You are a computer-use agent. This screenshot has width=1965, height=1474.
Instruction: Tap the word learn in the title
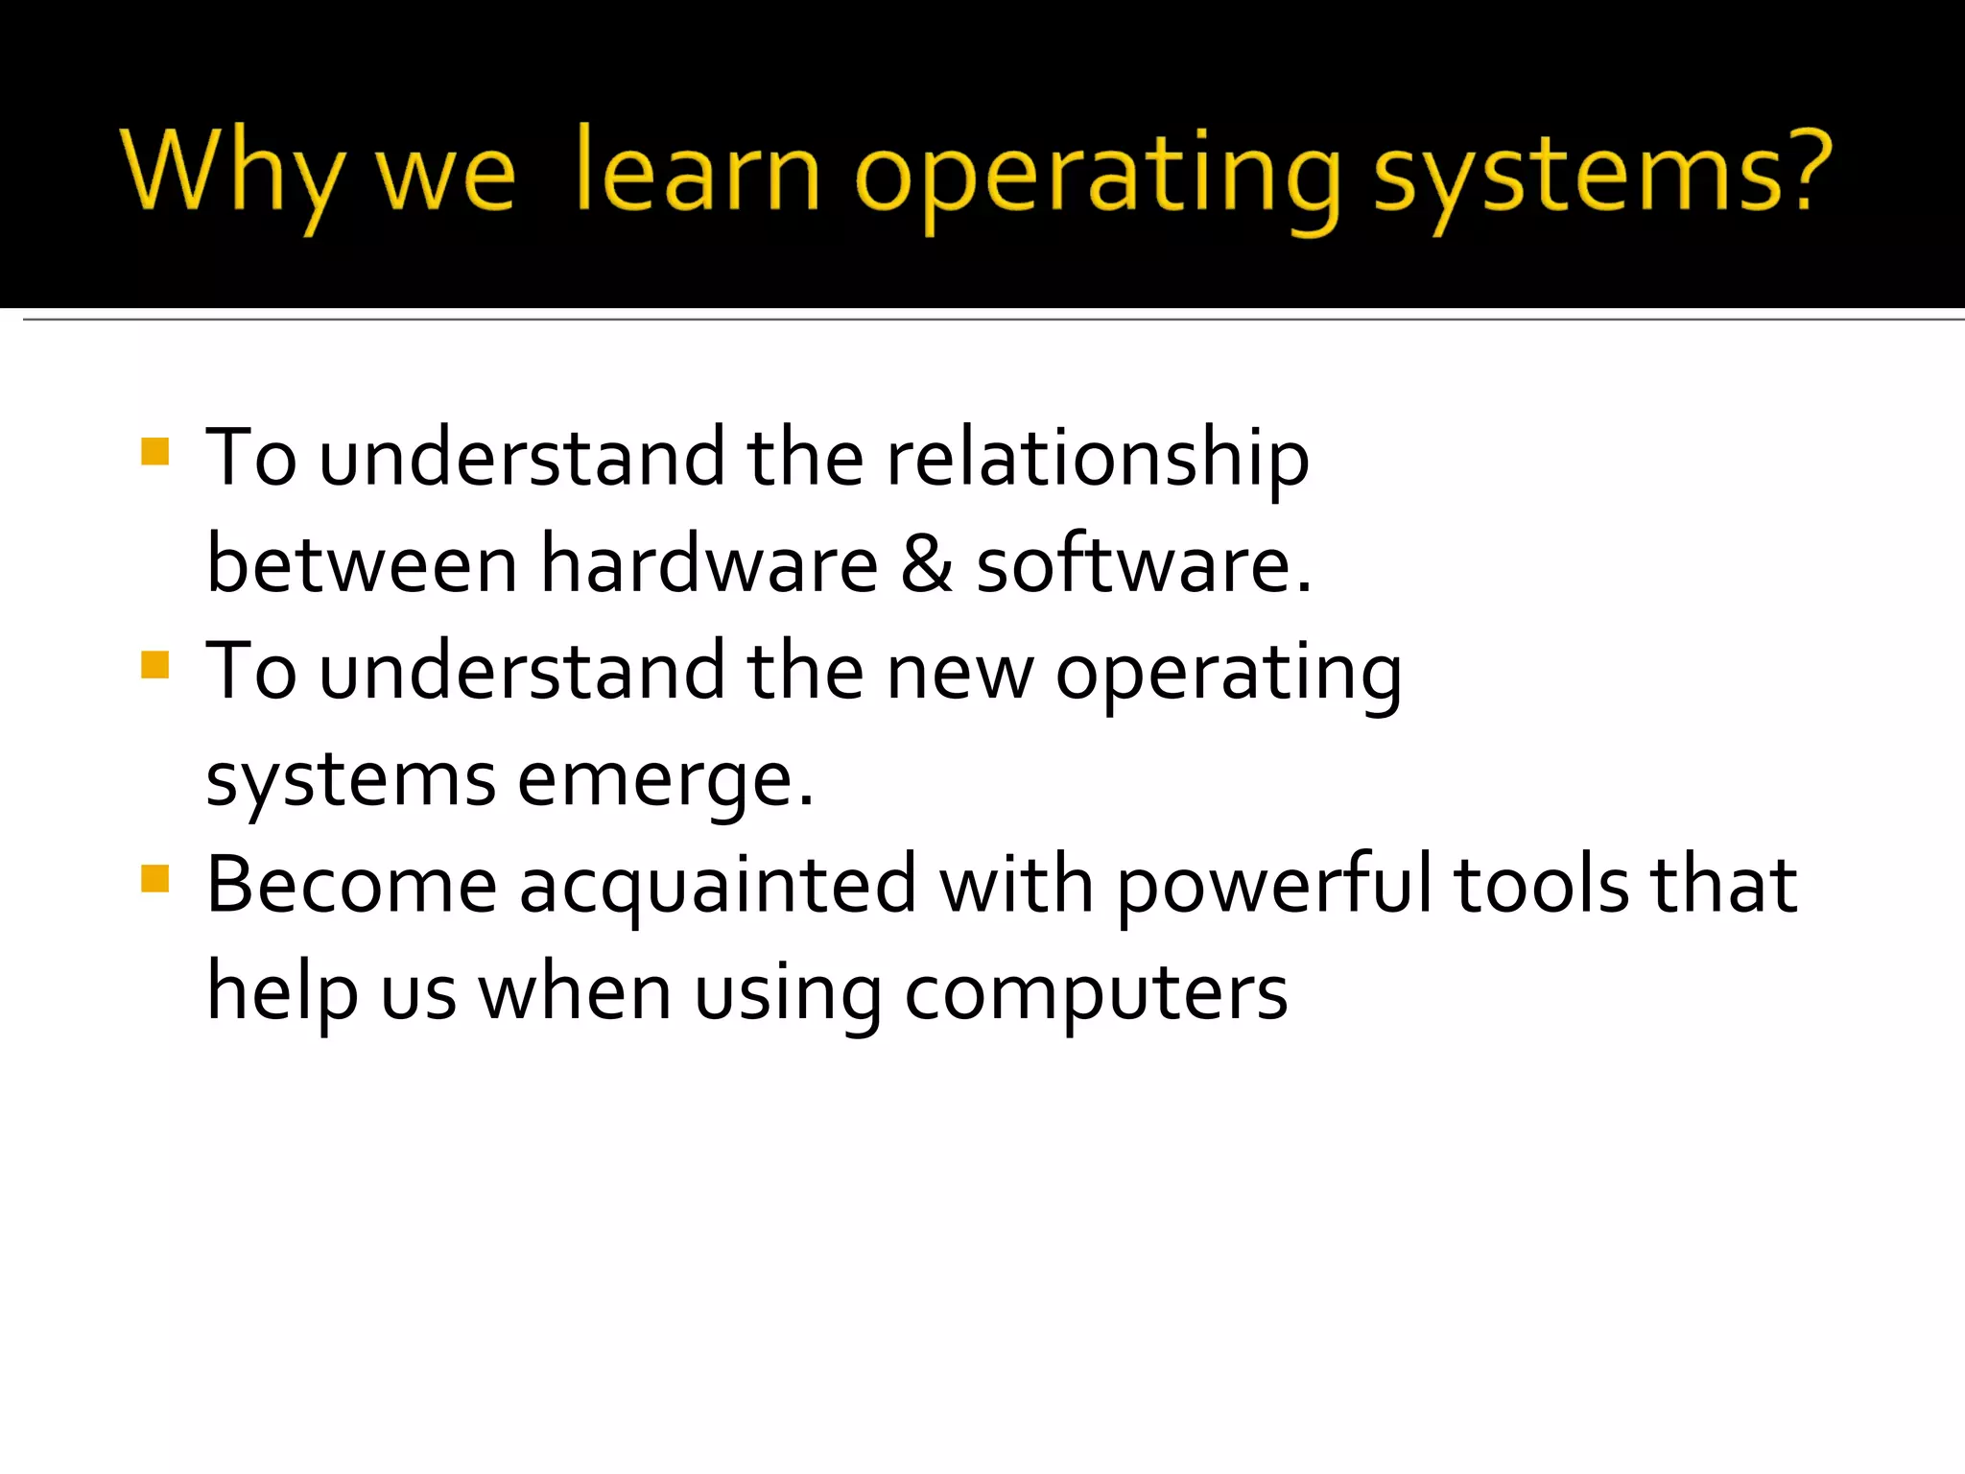[x=698, y=173]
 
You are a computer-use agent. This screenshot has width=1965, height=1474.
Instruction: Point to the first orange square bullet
[x=154, y=451]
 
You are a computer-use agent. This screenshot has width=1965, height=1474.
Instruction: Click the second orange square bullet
[x=154, y=664]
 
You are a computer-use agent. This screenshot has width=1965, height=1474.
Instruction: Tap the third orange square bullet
[x=154, y=878]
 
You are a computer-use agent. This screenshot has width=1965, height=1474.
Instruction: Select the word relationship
[x=1097, y=459]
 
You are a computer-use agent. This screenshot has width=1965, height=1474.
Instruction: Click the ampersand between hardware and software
[x=926, y=563]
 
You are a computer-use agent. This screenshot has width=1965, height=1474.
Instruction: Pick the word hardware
[x=709, y=563]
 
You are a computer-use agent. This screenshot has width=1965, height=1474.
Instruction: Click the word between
[x=362, y=563]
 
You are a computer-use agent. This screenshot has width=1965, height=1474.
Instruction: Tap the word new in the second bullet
[x=959, y=673]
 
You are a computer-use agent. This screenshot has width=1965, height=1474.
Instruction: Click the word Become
[x=351, y=885]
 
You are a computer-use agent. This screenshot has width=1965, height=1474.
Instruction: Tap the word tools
[x=1541, y=885]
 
